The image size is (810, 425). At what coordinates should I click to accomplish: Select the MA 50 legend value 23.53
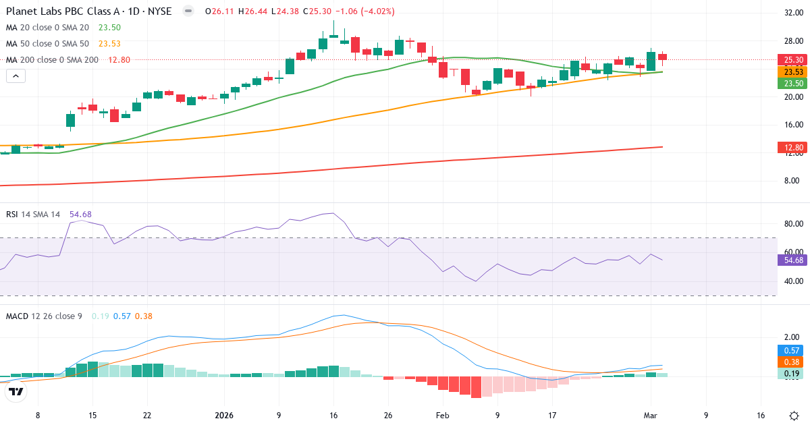coord(109,44)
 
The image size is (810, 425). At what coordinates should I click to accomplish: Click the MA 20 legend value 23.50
coord(109,28)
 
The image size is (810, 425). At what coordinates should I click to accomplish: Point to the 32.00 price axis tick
coord(792,13)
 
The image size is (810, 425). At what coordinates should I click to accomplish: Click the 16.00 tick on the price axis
coord(792,125)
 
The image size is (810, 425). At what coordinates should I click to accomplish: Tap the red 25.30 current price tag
coord(792,59)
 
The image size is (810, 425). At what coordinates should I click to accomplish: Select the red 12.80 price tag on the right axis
coord(792,147)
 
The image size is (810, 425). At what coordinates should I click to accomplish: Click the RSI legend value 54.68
coord(80,215)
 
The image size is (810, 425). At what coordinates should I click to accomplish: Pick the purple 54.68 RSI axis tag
coord(792,260)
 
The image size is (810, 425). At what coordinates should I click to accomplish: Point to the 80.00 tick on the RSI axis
coord(792,224)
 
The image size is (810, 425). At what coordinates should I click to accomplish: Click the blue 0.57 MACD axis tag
coord(792,350)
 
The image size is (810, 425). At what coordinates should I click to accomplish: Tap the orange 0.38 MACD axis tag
coord(792,362)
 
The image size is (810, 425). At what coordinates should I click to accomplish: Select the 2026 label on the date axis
coord(223,416)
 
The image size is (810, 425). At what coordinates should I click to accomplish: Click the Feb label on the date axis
coord(442,416)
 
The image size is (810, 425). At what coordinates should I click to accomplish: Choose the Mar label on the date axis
coord(651,416)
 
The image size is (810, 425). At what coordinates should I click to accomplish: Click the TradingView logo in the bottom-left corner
coord(16,391)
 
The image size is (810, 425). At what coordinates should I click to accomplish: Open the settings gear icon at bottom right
coord(794,416)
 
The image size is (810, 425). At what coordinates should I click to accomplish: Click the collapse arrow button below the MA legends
coord(16,76)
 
